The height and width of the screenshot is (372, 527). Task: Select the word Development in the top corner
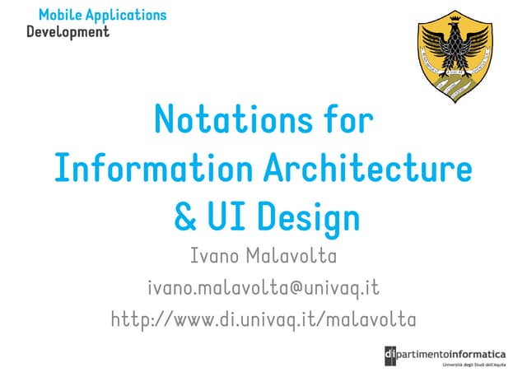coord(68,32)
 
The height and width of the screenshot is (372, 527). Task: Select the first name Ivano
coord(217,257)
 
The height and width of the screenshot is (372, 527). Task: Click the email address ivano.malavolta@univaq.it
coord(263,288)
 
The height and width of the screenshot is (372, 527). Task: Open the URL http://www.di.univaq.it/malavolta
coord(263,319)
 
